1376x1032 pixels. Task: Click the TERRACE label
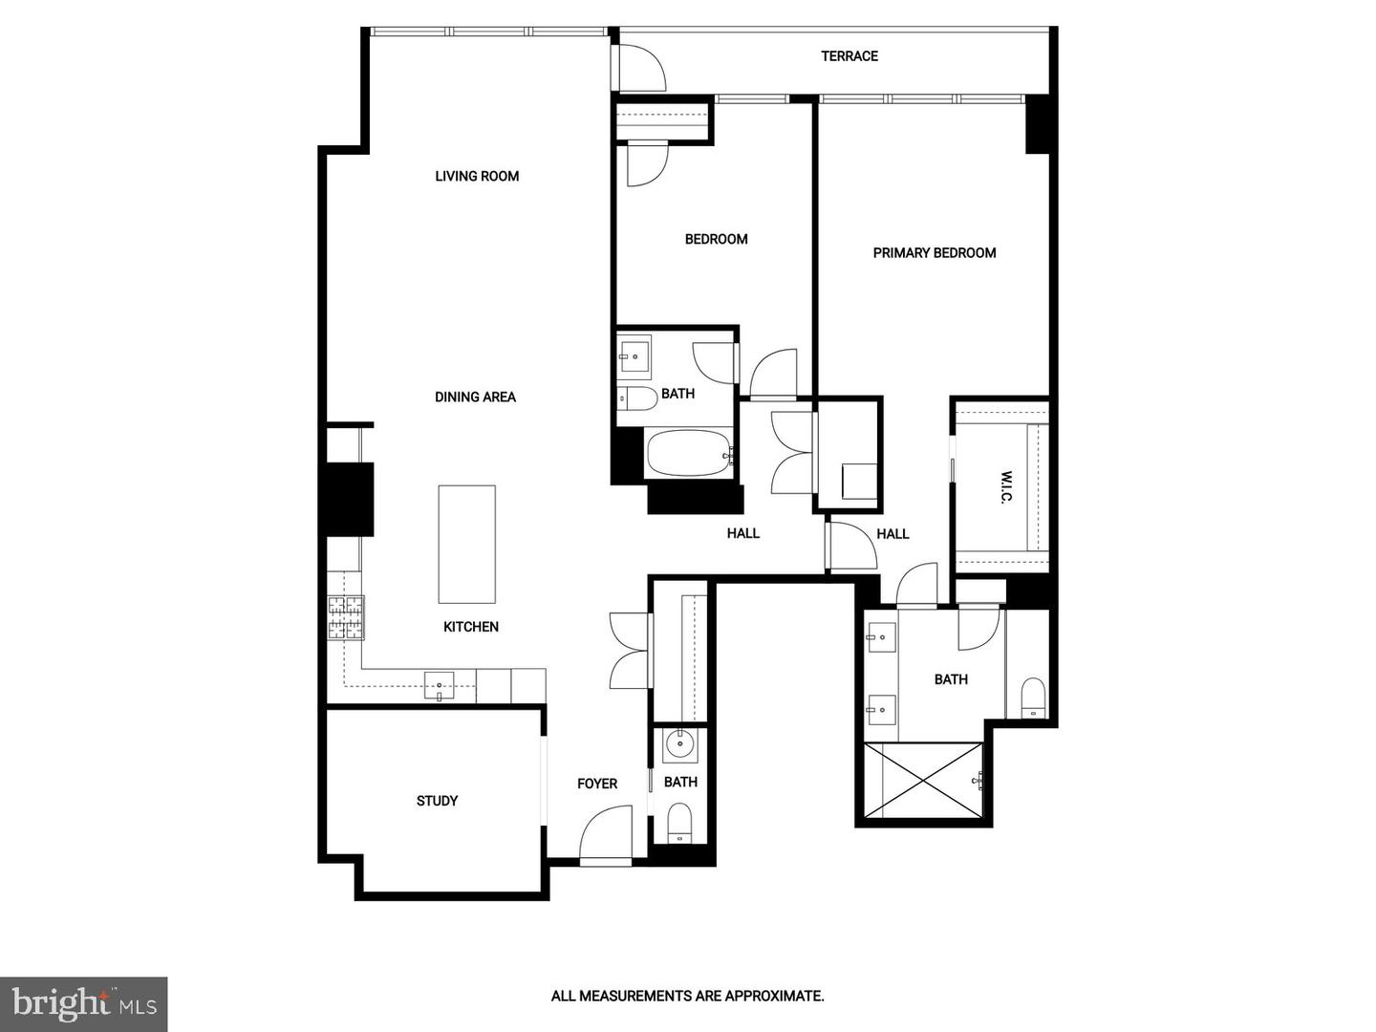tap(849, 56)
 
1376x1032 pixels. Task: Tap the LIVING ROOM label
tap(477, 176)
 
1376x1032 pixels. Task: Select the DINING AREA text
tap(475, 398)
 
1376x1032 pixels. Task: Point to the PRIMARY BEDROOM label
tap(935, 253)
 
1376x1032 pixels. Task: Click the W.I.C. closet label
tap(1006, 486)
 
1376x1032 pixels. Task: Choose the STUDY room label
tap(437, 801)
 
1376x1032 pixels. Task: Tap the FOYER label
tap(597, 784)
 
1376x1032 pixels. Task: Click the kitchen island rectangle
tap(466, 544)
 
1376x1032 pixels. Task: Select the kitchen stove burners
tap(346, 617)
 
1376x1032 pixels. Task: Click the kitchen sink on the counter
tap(440, 685)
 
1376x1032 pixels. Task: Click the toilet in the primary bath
tap(1033, 696)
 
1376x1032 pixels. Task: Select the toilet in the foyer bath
tap(679, 822)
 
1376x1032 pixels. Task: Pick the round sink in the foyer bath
tap(680, 742)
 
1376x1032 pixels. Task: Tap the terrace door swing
tap(641, 67)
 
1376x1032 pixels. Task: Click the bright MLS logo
tap(84, 1003)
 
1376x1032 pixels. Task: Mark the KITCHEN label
tap(471, 627)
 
